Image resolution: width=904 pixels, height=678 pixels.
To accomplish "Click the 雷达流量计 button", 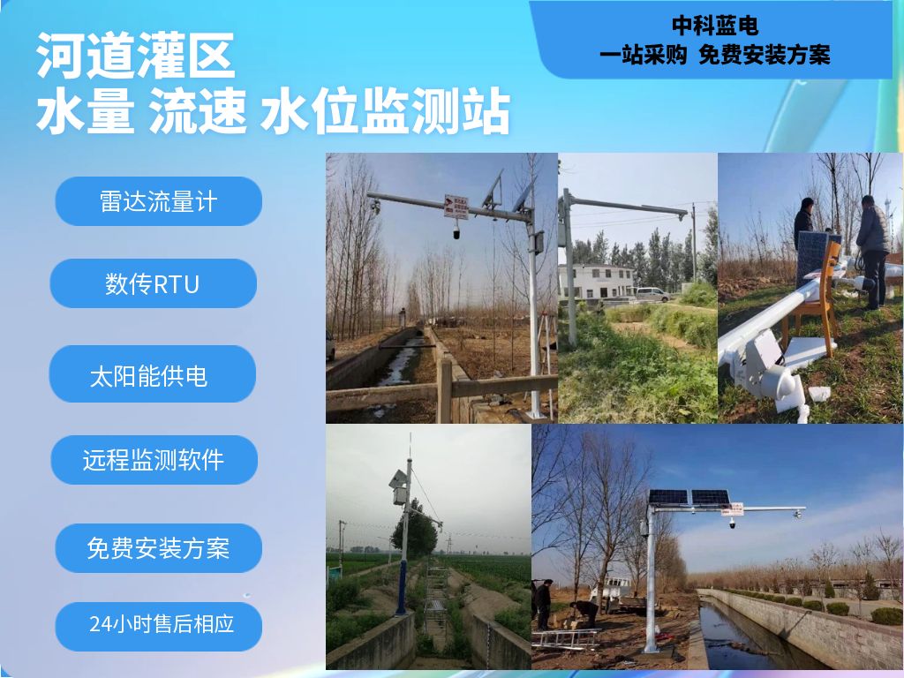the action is (159, 201).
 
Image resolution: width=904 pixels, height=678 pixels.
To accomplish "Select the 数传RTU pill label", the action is (154, 283).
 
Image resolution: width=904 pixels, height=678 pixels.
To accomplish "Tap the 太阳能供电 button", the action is (152, 373).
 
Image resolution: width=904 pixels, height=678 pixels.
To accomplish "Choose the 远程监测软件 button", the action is (154, 459).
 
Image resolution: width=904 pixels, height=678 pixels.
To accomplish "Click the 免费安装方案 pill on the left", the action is (159, 547).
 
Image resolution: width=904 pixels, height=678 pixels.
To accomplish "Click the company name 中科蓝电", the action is (715, 26).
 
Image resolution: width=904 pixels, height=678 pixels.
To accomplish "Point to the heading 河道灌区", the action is (135, 55).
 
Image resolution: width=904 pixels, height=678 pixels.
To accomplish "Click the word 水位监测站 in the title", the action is (385, 110).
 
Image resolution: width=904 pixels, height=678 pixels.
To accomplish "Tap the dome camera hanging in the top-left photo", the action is (456, 232).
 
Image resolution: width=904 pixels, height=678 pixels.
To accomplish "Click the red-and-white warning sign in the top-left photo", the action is (456, 207).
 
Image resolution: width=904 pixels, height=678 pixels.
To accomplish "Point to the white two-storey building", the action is (596, 282).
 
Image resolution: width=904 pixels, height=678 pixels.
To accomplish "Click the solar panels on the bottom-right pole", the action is (689, 496).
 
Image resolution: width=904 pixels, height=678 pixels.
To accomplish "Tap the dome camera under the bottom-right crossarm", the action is (732, 524).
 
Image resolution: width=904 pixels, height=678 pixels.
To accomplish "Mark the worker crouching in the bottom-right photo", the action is (584, 614).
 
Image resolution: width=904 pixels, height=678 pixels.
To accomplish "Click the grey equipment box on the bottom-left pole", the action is (398, 494).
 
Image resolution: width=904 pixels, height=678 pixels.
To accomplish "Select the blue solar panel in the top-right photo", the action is (812, 260).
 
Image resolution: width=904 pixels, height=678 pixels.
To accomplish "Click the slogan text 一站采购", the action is (644, 55).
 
